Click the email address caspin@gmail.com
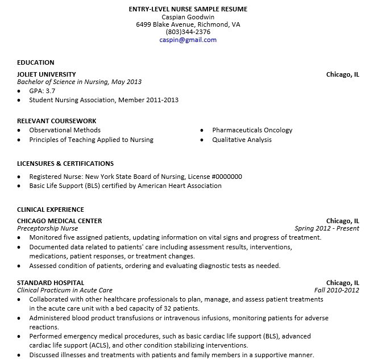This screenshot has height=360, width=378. (188, 40)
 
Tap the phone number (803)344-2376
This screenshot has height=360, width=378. (188, 32)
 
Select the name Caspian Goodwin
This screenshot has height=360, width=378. (188, 17)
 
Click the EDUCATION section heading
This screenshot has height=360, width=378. (36, 62)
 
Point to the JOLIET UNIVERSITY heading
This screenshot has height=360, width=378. (47, 74)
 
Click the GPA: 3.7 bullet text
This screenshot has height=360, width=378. (43, 91)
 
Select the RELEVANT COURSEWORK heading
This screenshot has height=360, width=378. (57, 121)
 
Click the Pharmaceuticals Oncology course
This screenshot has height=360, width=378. (252, 130)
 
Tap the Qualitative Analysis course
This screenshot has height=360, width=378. (242, 140)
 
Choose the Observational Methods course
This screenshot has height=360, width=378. (65, 130)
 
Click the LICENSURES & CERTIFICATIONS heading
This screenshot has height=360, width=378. (65, 164)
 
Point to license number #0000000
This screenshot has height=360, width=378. (222, 177)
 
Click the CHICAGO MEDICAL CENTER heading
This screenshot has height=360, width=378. (60, 221)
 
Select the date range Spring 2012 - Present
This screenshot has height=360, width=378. (327, 229)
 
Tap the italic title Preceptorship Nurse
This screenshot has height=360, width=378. (48, 229)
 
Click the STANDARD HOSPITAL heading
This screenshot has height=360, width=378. (51, 283)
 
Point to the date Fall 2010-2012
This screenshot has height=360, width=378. (337, 290)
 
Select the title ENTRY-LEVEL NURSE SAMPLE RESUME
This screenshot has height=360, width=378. (188, 9)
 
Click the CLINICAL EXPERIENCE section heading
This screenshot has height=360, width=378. (51, 210)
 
